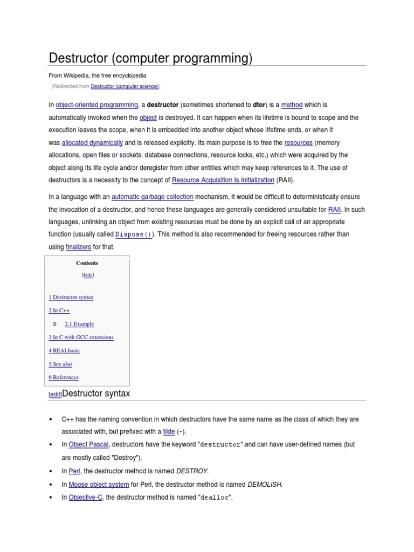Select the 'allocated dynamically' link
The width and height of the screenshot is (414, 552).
(x=92, y=143)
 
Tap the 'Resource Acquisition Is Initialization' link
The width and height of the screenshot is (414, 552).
(x=223, y=181)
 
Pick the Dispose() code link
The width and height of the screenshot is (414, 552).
(x=134, y=234)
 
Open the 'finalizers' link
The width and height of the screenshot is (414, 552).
(x=78, y=247)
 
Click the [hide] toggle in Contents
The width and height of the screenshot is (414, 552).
(x=87, y=275)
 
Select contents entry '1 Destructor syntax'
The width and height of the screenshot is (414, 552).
(x=71, y=297)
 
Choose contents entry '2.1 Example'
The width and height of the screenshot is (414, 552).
(x=79, y=324)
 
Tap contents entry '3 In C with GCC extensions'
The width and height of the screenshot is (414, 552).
(x=81, y=337)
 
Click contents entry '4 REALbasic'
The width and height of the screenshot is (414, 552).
(x=64, y=351)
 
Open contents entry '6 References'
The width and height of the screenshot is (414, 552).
(x=64, y=378)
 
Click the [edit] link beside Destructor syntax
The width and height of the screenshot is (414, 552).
(x=55, y=395)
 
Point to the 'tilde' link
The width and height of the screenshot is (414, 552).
(x=169, y=432)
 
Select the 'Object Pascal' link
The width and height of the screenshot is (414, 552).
(x=88, y=445)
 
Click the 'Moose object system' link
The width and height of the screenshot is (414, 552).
(x=99, y=485)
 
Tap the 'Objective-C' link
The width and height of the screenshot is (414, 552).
(x=85, y=498)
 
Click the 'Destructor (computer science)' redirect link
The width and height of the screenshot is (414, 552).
(x=125, y=86)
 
